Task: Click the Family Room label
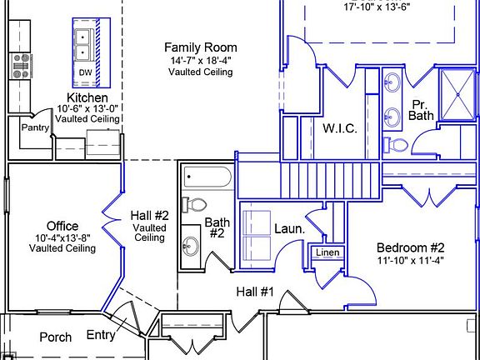click(x=201, y=47)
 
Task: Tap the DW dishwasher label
click(x=85, y=72)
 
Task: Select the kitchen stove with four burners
click(x=21, y=66)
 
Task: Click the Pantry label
click(x=35, y=127)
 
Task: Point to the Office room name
click(x=62, y=226)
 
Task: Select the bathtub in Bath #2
click(x=207, y=177)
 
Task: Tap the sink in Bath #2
click(x=190, y=247)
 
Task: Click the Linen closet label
click(x=327, y=252)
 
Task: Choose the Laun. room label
click(x=290, y=229)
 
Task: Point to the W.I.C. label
click(x=340, y=128)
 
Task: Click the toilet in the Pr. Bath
click(x=396, y=144)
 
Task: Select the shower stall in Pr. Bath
click(x=457, y=95)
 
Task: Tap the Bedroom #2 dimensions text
click(x=410, y=261)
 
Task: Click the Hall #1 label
click(x=255, y=292)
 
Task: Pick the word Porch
click(x=56, y=337)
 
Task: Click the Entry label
click(x=101, y=335)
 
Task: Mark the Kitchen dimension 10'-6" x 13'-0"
click(x=87, y=108)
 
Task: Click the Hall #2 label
click(x=150, y=216)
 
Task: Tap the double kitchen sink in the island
click(x=82, y=45)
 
